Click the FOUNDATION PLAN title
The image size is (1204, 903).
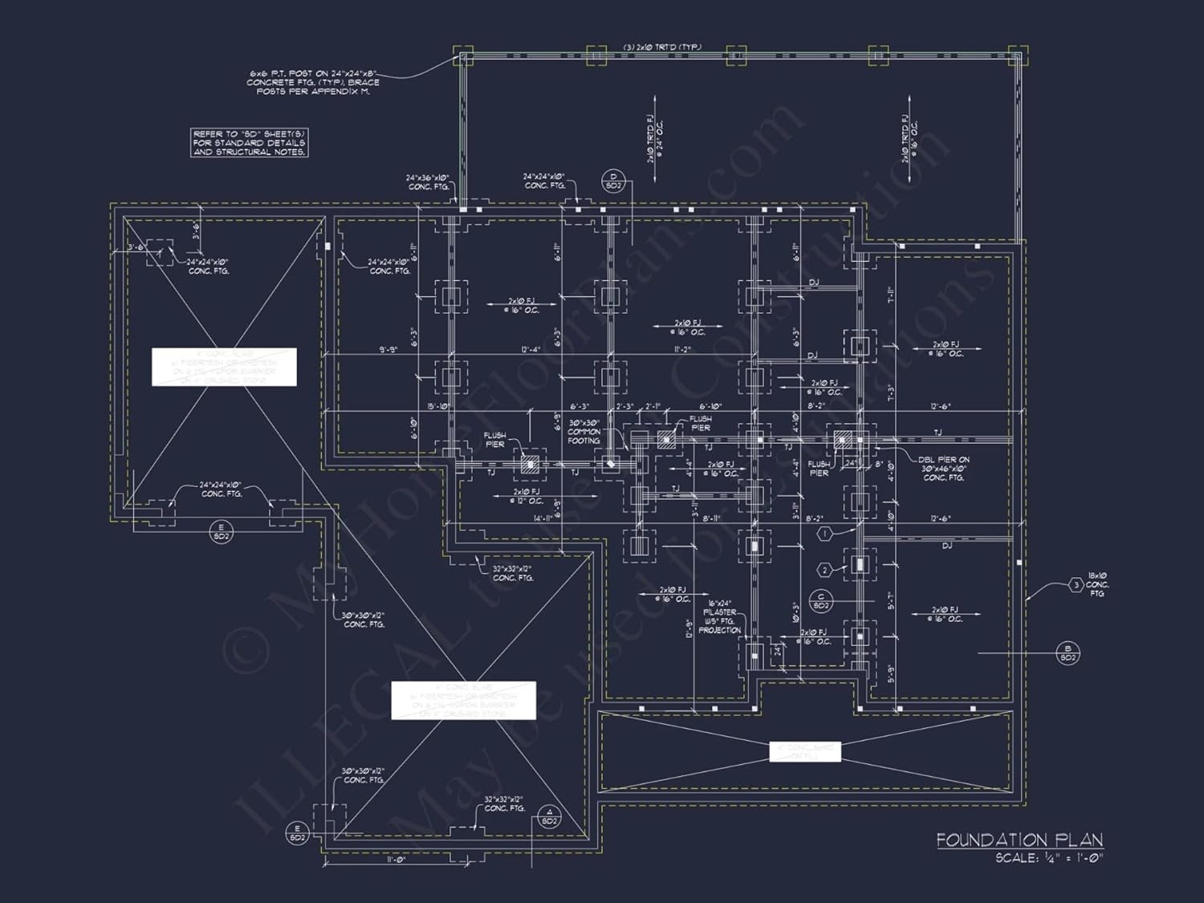coord(1019,840)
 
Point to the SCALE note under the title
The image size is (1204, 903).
coord(1049,858)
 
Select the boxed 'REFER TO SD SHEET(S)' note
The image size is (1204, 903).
coord(249,142)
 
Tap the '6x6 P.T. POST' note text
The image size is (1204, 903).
coord(313,82)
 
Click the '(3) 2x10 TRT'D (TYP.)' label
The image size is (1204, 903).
coord(661,47)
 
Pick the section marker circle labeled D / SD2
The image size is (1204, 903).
coord(613,181)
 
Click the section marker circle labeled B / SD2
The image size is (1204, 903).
coord(1068,653)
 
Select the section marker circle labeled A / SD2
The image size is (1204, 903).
coord(549,816)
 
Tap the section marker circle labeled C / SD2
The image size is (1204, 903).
coord(820,601)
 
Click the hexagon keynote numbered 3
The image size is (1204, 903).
coord(1076,585)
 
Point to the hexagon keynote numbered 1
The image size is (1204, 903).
coord(824,534)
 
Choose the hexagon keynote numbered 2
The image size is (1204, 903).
coord(824,570)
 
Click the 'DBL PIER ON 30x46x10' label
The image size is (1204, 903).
coord(944,469)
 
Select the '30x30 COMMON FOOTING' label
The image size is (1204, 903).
coord(584,432)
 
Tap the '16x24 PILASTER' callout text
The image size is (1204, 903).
coord(719,616)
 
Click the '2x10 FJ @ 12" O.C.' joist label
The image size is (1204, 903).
coord(525,496)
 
